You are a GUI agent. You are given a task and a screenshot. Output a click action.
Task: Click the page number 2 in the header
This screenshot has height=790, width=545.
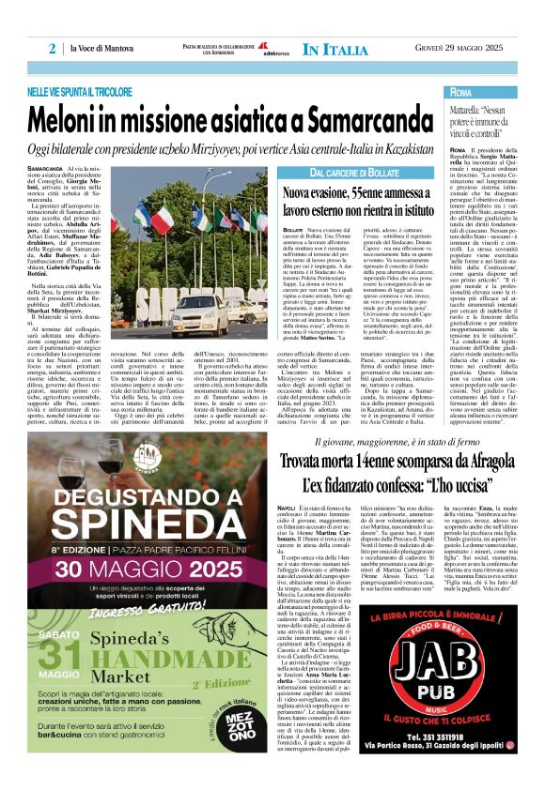click(54, 48)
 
